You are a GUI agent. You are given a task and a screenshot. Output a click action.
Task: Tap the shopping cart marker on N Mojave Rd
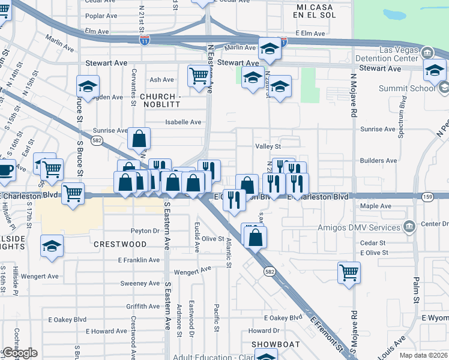(x=349, y=272)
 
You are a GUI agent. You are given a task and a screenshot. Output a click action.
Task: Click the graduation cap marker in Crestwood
(x=52, y=245)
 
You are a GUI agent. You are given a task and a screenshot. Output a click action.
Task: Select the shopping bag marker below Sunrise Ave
(x=139, y=139)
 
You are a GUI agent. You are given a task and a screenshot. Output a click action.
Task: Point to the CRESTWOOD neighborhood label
(x=120, y=244)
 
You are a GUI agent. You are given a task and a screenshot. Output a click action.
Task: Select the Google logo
(x=19, y=353)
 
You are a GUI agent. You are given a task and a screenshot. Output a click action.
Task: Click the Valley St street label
(x=268, y=146)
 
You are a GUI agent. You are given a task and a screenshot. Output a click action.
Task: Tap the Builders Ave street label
(x=378, y=161)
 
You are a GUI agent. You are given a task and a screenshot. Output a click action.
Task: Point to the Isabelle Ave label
(x=183, y=122)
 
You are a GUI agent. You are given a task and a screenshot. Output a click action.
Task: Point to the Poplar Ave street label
(x=101, y=16)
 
